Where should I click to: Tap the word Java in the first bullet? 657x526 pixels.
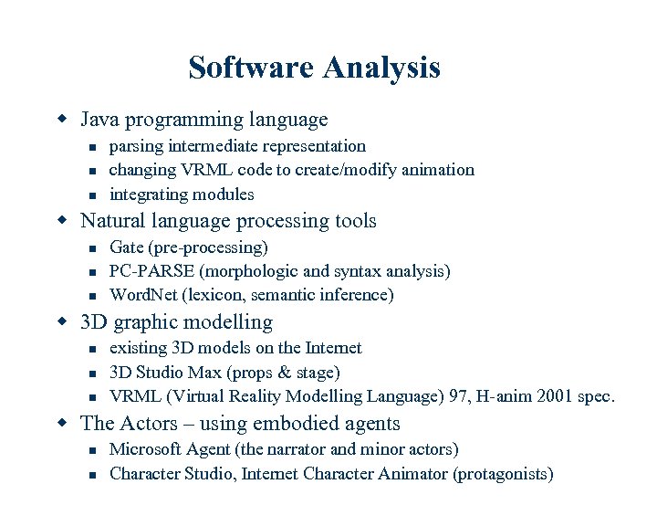tap(100, 120)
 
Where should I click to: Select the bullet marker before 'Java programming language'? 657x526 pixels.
tap(62, 120)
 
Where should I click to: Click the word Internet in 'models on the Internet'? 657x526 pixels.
tap(331, 348)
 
